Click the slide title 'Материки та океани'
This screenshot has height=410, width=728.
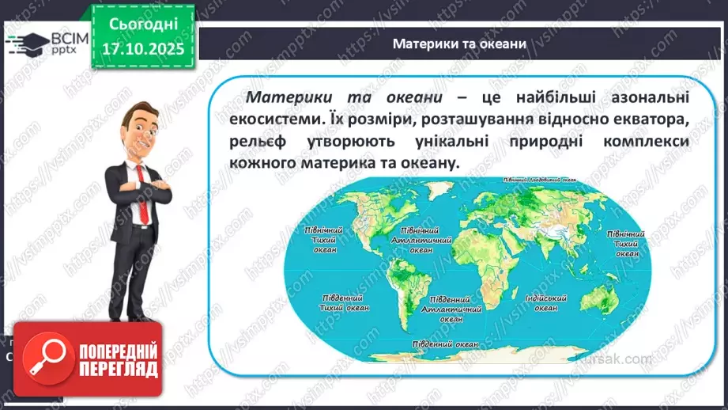(x=459, y=44)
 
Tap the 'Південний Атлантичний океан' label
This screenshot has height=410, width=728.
(x=451, y=309)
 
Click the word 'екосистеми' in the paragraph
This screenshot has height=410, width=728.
(x=273, y=119)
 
